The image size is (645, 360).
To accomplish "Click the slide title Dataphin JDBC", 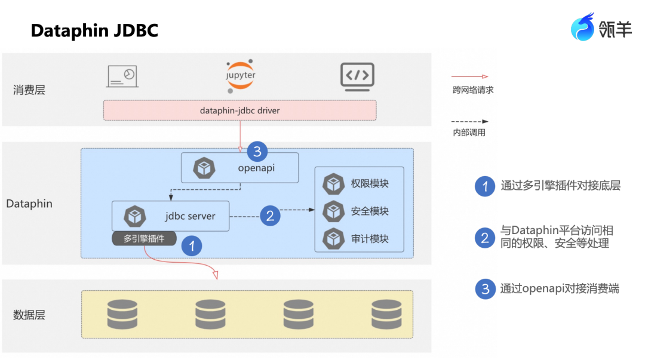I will (94, 30).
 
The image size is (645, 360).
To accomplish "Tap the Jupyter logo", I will (240, 76).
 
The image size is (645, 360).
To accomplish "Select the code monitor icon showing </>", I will (357, 77).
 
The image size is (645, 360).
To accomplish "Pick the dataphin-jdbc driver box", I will (239, 110).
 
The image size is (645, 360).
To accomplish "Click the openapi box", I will (239, 168).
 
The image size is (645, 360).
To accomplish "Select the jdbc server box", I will (171, 216).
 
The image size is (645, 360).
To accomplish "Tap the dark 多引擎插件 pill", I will (145, 239).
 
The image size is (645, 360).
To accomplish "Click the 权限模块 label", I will (370, 184).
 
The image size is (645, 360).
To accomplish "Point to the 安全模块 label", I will (370, 211).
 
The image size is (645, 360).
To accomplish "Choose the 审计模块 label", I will (370, 239).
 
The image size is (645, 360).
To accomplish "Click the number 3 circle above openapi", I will (257, 151).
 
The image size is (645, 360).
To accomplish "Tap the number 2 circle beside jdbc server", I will (270, 216).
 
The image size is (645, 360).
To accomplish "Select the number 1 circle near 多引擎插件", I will (192, 245).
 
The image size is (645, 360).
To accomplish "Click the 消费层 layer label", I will (29, 90).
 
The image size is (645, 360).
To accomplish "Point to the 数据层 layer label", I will (29, 315).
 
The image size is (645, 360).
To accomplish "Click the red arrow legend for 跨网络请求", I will (470, 77).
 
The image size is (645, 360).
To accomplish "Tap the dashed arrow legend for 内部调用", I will (470, 121).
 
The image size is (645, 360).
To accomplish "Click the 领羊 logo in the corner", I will (601, 27).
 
